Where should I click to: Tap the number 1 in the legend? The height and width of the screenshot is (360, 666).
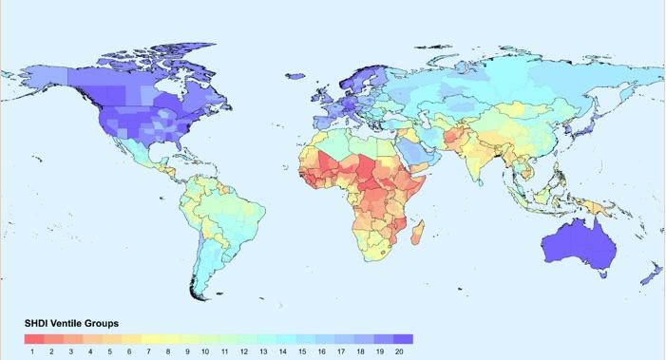[33, 351]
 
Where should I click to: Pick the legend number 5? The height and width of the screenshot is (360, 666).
[111, 351]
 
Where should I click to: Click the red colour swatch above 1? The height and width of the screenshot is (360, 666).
[33, 338]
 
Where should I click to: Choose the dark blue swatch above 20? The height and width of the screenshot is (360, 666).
[403, 338]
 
